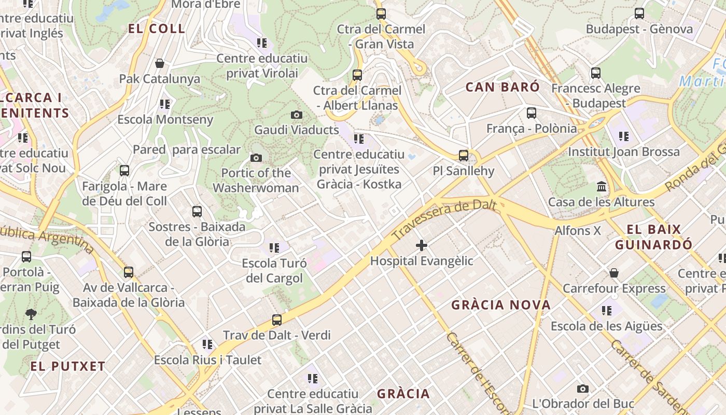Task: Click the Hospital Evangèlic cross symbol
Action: point(422,245)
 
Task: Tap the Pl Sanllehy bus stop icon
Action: point(464,155)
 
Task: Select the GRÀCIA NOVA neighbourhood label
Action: point(501,305)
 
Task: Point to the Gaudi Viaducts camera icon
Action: point(297,115)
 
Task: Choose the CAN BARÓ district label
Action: point(502,87)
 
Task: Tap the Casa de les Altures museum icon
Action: point(602,186)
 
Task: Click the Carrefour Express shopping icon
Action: point(614,273)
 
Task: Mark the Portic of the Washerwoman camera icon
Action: point(256,158)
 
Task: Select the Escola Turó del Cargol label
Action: point(274,271)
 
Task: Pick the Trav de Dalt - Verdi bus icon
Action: point(277,320)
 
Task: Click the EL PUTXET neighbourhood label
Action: point(68,366)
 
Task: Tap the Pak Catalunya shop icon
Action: point(160,63)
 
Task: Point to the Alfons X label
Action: point(578,230)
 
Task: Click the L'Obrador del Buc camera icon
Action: point(583,389)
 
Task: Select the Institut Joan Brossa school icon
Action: point(624,136)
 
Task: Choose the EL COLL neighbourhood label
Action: point(157,29)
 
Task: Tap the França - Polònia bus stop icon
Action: point(532,113)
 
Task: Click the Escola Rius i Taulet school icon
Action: point(207,344)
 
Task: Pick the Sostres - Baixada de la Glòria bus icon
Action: point(197,211)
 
